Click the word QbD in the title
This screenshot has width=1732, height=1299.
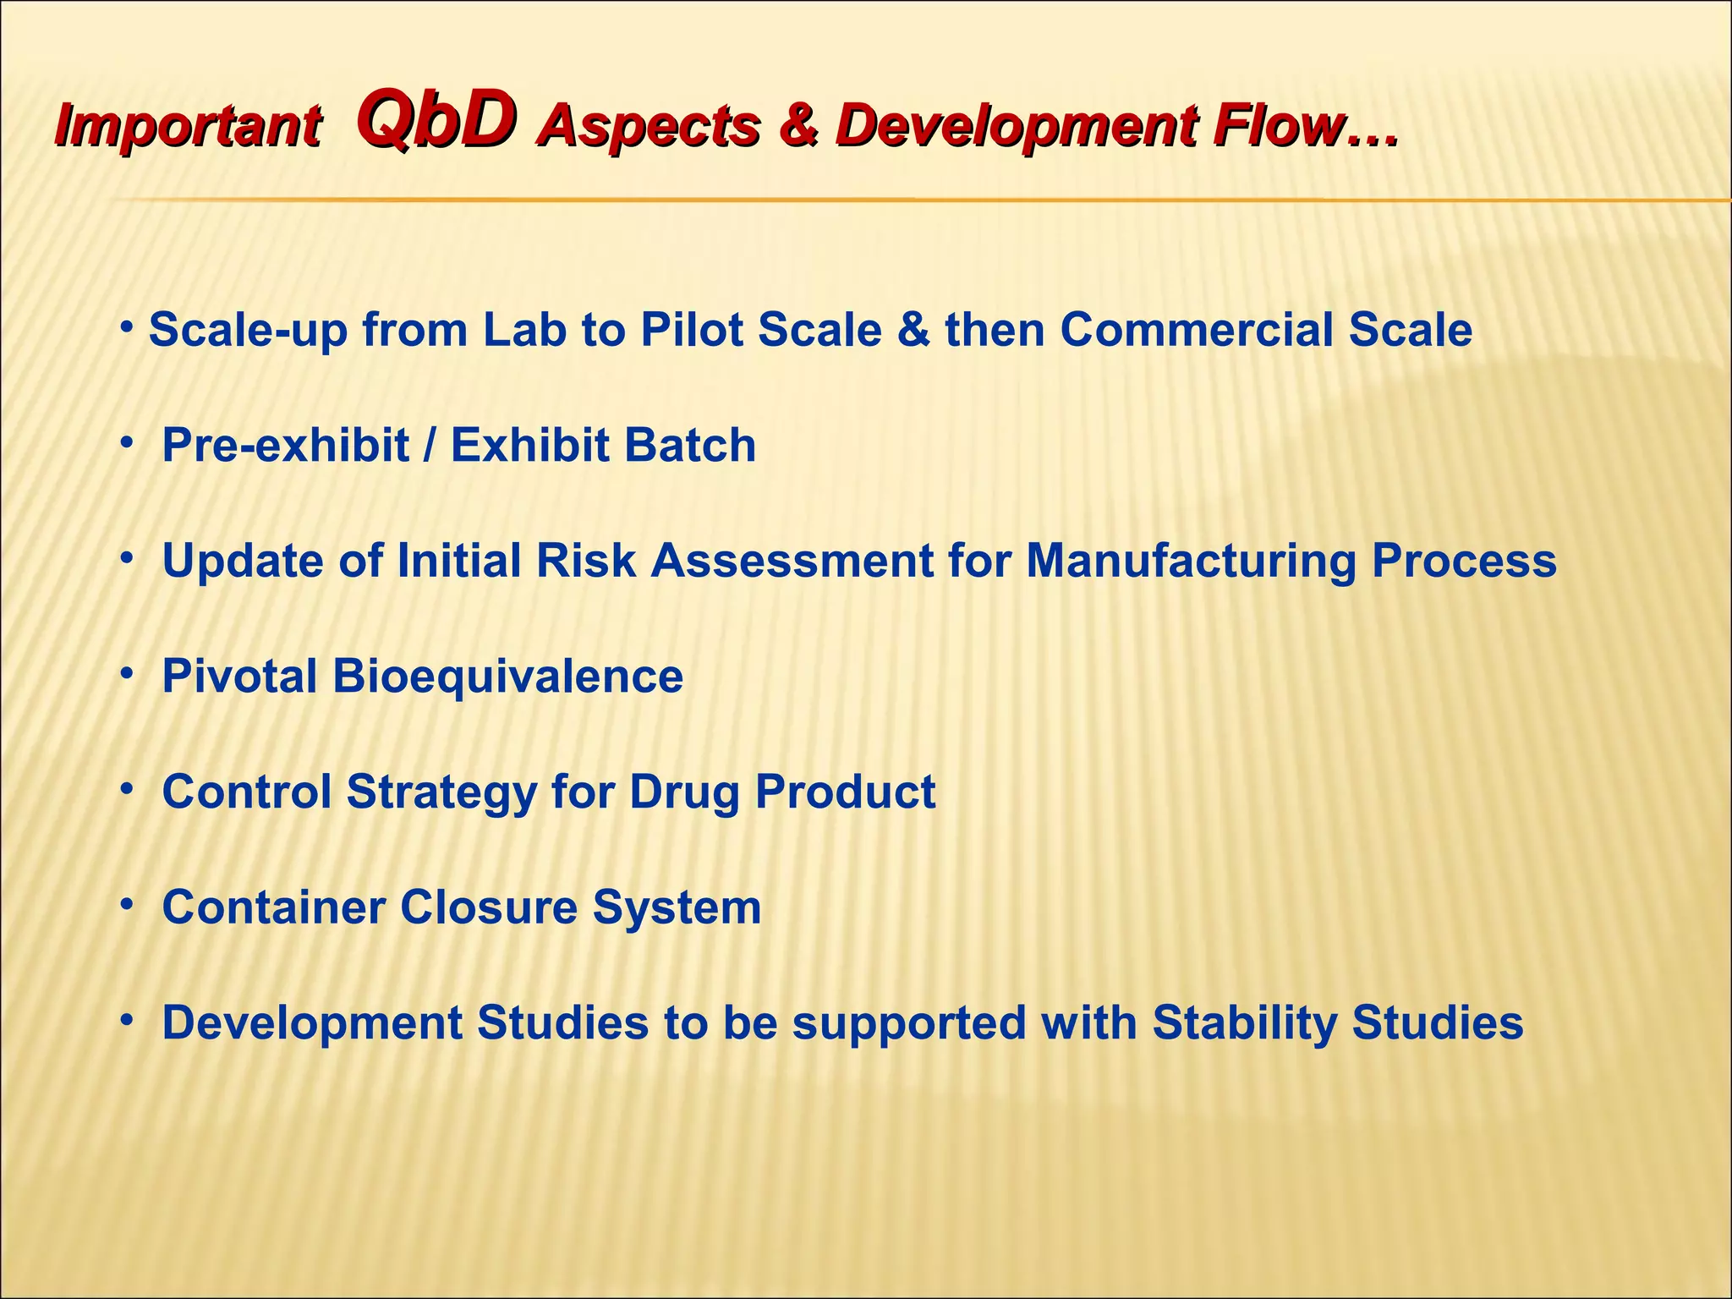click(x=436, y=123)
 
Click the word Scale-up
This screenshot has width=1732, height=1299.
click(x=248, y=330)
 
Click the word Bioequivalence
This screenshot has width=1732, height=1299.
click(x=507, y=677)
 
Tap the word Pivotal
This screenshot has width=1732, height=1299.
click(x=239, y=677)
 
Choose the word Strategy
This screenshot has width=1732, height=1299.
click(x=441, y=792)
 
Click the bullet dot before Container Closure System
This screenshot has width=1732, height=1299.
click(x=127, y=905)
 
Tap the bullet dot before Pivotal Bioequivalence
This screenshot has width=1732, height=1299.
click(x=127, y=674)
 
